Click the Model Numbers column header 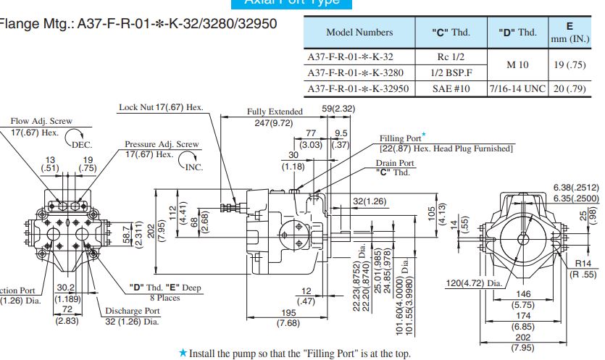coord(359,32)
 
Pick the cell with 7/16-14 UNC coord(518,89)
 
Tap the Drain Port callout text coord(395,163)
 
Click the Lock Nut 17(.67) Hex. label coord(161,107)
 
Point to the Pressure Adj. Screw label coord(162,144)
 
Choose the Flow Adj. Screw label coord(41,122)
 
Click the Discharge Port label coord(131,311)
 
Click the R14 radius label coord(583,264)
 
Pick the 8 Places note coord(166,298)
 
